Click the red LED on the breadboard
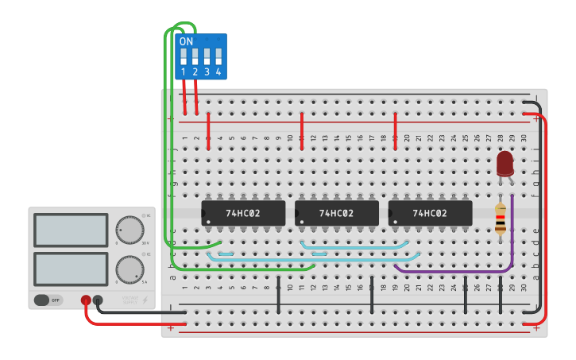(x=504, y=163)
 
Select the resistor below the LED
(x=500, y=219)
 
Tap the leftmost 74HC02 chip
(x=242, y=213)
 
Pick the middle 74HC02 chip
(x=336, y=213)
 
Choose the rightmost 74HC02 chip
(x=430, y=213)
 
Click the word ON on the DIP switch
(x=186, y=41)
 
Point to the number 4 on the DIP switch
(x=218, y=72)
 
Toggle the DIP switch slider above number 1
(x=184, y=56)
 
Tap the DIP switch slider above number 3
(x=207, y=56)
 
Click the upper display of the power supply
(x=71, y=230)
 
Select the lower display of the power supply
(x=71, y=269)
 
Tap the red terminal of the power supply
(x=86, y=300)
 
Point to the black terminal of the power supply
(x=98, y=300)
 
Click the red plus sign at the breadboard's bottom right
(x=536, y=327)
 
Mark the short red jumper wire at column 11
(x=302, y=125)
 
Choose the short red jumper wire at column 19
(x=395, y=125)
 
